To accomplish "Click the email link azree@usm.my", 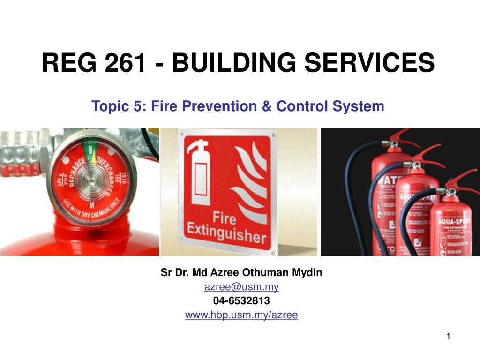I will [x=241, y=286].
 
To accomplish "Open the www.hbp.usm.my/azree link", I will [x=241, y=315].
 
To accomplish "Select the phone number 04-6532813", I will [x=241, y=300].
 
